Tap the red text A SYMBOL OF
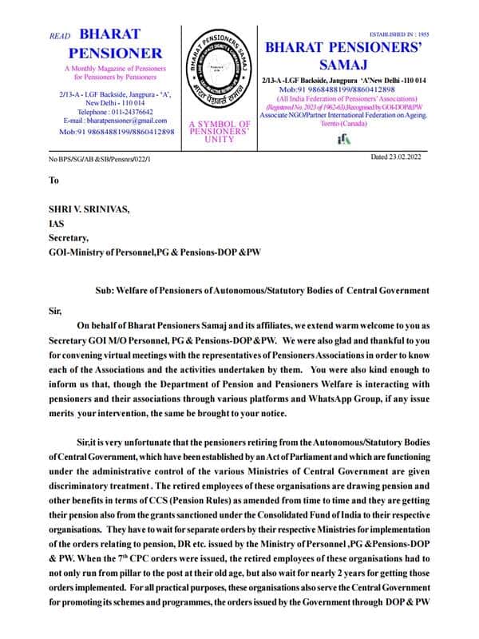point(220,124)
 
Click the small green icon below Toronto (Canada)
point(345,139)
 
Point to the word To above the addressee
point(53,181)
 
